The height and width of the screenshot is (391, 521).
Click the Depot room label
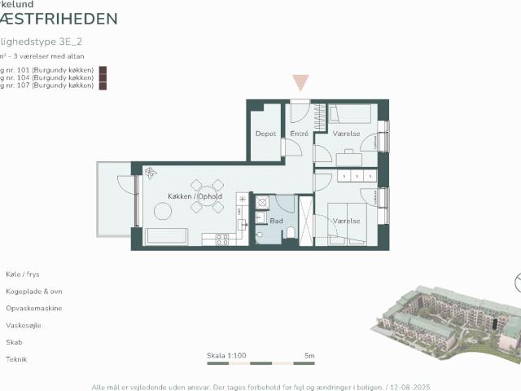[265, 134]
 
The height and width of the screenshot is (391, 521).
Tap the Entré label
[299, 134]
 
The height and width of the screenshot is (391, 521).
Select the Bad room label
[276, 220]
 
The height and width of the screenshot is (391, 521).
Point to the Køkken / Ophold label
[195, 197]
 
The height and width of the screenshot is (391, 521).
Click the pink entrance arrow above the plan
[300, 82]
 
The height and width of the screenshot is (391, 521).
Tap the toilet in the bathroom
[291, 235]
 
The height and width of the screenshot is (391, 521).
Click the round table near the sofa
[163, 212]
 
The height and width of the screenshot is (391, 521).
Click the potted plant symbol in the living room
[151, 173]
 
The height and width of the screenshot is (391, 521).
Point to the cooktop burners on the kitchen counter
[220, 239]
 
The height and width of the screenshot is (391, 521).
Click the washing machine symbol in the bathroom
[262, 202]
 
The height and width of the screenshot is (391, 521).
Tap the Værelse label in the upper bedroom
[346, 134]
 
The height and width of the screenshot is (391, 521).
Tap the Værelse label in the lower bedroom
[346, 220]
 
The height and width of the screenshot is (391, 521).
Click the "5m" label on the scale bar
[309, 356]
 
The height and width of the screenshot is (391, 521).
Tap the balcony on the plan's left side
[114, 200]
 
